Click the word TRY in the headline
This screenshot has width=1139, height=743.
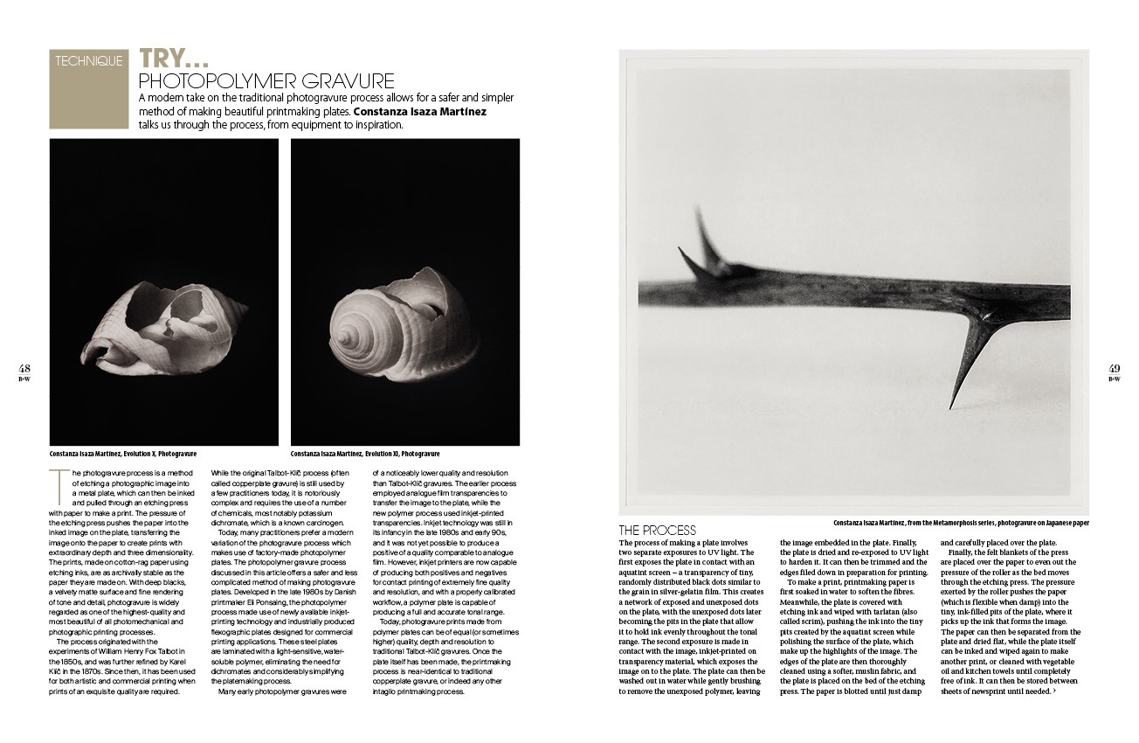click(x=173, y=59)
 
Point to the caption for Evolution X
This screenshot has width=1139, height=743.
click(x=123, y=455)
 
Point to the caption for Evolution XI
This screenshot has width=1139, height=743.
click(x=365, y=455)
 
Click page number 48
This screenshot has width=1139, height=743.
click(x=24, y=368)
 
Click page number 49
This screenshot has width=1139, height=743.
click(x=1115, y=368)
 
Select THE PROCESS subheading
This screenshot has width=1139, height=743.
click(x=657, y=530)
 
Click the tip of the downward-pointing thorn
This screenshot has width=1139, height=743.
click(x=949, y=407)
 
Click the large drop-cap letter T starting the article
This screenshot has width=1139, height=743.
click(x=56, y=478)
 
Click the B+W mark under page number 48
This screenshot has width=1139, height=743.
click(x=24, y=378)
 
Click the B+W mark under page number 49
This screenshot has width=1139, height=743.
click(x=1115, y=378)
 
